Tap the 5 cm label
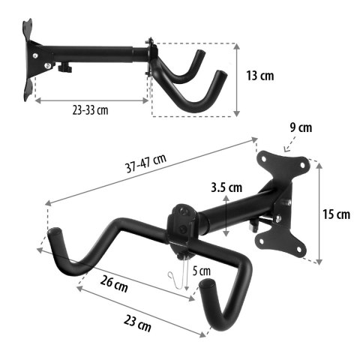(x=202, y=270)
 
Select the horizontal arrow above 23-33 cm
(x=90, y=100)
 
